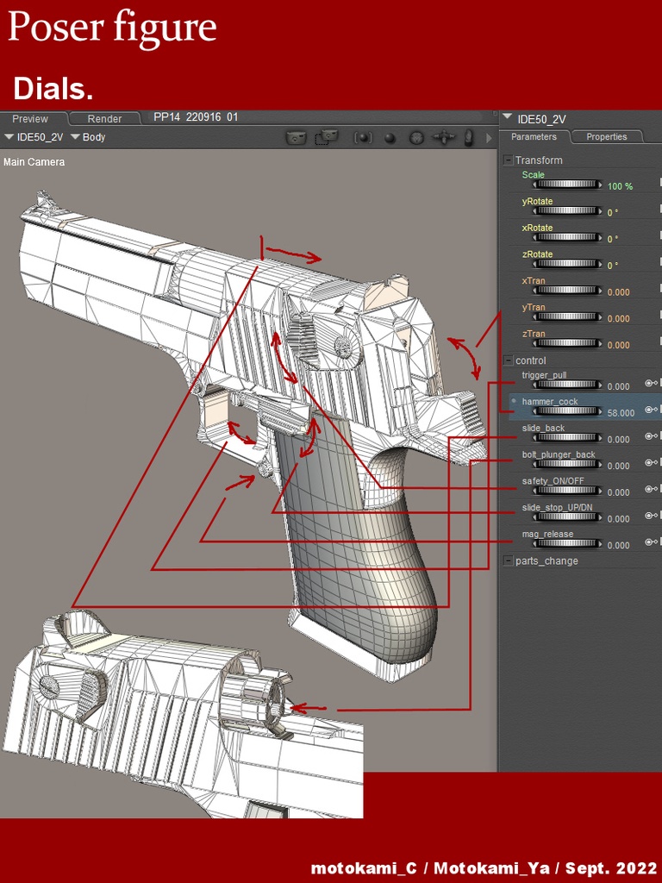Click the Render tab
tap(104, 119)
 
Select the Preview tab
tap(30, 119)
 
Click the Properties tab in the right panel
tap(606, 137)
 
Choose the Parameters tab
tap(534, 137)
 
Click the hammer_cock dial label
tap(549, 402)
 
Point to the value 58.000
tap(621, 413)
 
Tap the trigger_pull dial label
tap(544, 376)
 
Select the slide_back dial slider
tap(568, 438)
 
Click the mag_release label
tap(547, 535)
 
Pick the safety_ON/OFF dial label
tap(553, 481)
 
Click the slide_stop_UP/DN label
tap(557, 508)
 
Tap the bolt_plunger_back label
tap(558, 454)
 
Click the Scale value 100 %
tap(620, 186)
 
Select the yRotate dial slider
tap(568, 211)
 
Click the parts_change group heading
tap(546, 561)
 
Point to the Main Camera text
tap(34, 162)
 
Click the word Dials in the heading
tap(53, 89)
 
